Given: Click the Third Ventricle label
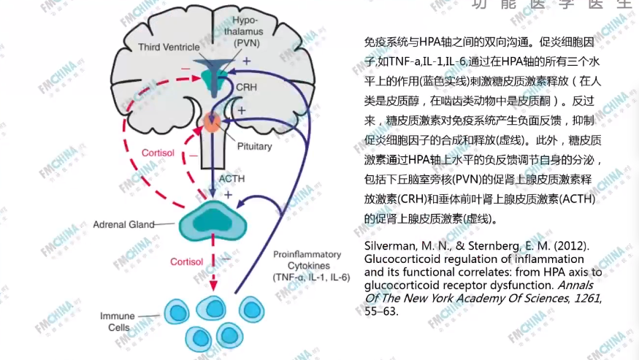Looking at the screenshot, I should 169,47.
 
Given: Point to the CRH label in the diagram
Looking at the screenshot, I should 248,87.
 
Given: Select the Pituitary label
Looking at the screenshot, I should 254,147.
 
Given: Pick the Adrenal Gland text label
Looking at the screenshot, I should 123,225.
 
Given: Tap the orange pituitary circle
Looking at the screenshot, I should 213,122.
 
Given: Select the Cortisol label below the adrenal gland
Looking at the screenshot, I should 187,261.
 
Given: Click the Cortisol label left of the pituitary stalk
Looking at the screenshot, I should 156,153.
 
